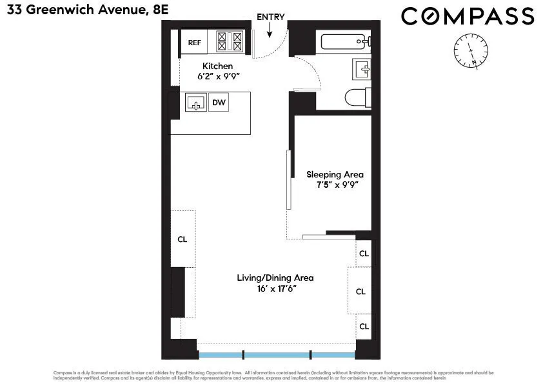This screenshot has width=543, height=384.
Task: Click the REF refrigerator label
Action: click(x=194, y=43)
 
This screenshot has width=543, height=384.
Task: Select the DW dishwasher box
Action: click(x=219, y=102)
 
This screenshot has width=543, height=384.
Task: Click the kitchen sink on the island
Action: click(x=195, y=102)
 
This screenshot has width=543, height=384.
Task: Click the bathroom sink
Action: click(x=360, y=68)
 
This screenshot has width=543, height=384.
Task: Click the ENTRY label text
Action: click(x=270, y=17)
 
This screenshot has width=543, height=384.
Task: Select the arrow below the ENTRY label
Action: click(x=270, y=28)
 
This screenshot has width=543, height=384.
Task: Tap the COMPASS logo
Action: click(x=468, y=16)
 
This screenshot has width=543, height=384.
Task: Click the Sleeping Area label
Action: click(x=335, y=174)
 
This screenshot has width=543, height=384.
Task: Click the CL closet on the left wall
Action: click(x=183, y=239)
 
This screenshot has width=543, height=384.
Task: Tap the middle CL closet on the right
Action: click(x=360, y=291)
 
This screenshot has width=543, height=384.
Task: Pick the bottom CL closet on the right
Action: click(x=364, y=327)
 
